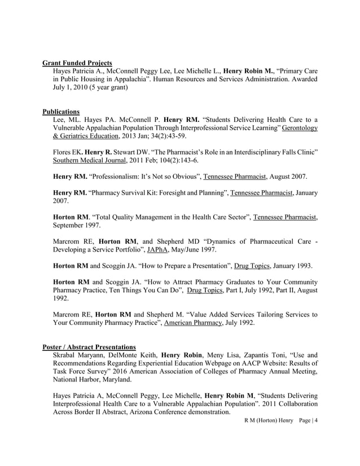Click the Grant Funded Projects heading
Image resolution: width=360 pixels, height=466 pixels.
tap(77, 63)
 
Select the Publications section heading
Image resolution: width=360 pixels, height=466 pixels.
tap(61, 111)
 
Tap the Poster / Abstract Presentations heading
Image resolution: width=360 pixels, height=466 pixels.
tap(89, 346)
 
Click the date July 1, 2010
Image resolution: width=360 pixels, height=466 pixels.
tap(71, 87)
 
